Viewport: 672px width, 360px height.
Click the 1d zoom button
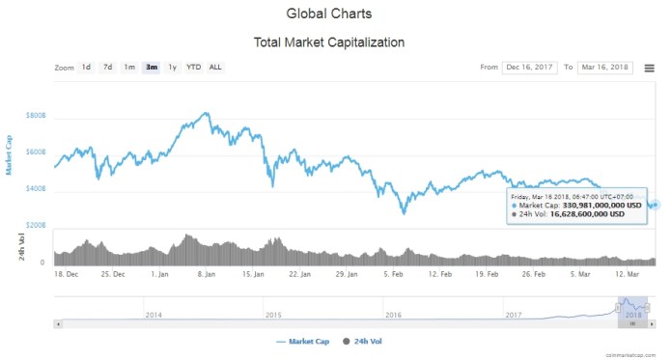[86, 68]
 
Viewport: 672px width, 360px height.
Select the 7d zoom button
[107, 68]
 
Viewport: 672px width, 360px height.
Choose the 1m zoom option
[129, 68]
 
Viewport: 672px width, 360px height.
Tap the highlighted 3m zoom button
[152, 68]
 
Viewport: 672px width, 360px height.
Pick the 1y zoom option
[172, 68]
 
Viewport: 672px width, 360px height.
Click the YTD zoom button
[193, 68]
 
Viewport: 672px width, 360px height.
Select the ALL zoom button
[215, 68]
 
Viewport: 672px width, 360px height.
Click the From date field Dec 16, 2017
[531, 68]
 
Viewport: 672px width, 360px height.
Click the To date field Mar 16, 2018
[604, 68]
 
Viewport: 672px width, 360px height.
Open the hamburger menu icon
[649, 68]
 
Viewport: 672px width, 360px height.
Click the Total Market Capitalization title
[328, 42]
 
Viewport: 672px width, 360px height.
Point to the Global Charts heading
[328, 14]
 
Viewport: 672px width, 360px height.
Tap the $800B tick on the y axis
[36, 116]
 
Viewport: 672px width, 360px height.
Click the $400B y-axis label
[36, 190]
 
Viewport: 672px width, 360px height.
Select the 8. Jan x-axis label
[207, 274]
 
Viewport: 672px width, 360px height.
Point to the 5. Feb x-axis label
[392, 274]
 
